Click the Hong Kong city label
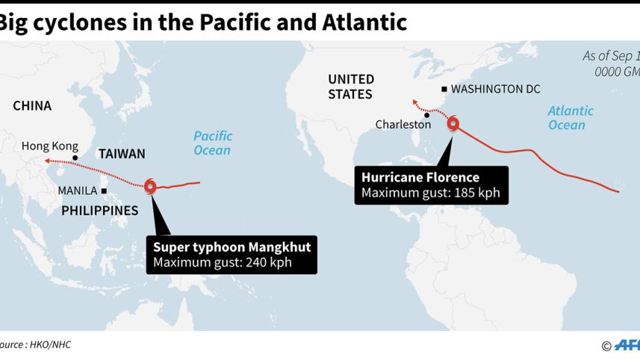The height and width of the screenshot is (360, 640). tap(50, 146)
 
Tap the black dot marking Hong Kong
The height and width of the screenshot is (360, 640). tap(75, 157)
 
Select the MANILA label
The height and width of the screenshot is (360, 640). tap(78, 190)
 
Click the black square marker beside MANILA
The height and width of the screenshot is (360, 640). tap(104, 190)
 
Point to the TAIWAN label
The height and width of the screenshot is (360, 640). tap(122, 154)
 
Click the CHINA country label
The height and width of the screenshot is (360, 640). tap(32, 105)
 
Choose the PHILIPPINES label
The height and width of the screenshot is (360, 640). tap(99, 211)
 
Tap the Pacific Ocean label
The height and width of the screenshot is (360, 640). tap(213, 143)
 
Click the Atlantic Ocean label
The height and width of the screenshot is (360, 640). tap(571, 117)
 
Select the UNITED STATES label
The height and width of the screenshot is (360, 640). tap(351, 87)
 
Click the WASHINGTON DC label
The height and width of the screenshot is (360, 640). tap(495, 89)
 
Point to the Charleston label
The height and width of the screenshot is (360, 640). tap(403, 125)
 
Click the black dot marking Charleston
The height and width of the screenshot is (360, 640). tap(426, 115)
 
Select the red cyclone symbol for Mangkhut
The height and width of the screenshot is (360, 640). tap(151, 187)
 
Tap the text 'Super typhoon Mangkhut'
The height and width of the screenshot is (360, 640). tap(232, 247)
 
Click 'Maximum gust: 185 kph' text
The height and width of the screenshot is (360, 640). tap(430, 193)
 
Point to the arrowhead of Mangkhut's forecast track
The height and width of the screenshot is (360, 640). tap(46, 160)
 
